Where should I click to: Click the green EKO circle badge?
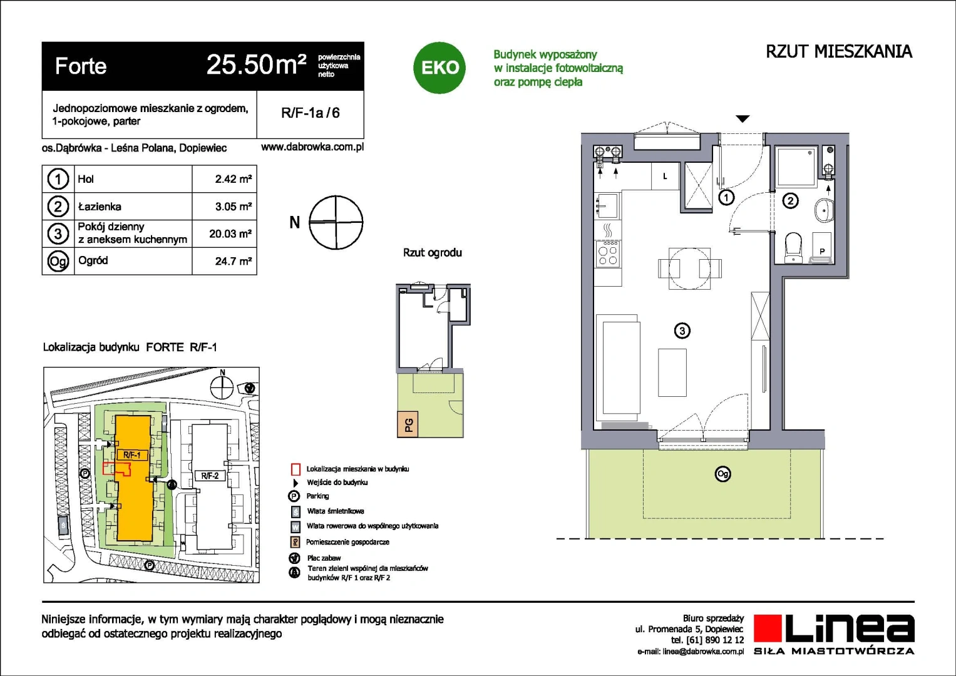click(x=439, y=68)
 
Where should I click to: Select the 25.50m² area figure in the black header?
click(x=256, y=65)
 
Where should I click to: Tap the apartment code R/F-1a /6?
click(x=311, y=113)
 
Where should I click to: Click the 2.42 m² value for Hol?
click(x=233, y=179)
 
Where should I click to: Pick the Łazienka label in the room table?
click(x=100, y=206)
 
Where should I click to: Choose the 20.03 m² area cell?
click(x=230, y=233)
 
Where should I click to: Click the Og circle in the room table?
click(x=58, y=261)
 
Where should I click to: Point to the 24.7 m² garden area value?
click(x=233, y=261)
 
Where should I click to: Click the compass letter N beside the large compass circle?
click(x=294, y=222)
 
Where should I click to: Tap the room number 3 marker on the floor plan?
click(x=682, y=330)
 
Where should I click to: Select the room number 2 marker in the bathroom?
click(x=791, y=200)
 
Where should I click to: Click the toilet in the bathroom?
click(x=793, y=247)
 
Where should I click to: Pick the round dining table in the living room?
click(x=689, y=269)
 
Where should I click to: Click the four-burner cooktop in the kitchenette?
click(x=608, y=253)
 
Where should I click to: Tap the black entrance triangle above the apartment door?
click(x=743, y=119)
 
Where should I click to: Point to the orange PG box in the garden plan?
click(x=408, y=424)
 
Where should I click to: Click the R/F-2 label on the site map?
click(x=210, y=476)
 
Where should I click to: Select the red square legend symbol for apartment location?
click(x=296, y=469)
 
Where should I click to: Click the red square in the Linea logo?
click(x=768, y=628)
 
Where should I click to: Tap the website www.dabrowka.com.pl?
click(x=312, y=147)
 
